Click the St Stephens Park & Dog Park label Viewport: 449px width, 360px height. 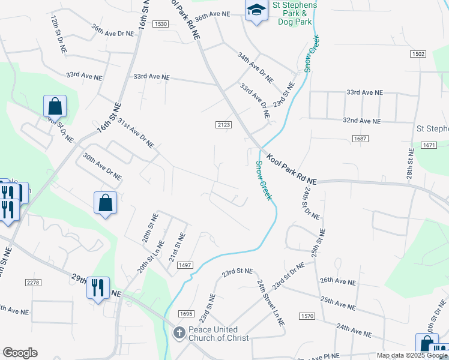pos(295,13)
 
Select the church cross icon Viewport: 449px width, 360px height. pos(178,333)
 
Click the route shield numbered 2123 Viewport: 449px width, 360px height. pos(223,124)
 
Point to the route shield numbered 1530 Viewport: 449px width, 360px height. pos(160,23)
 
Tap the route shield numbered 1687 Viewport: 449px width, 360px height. pos(360,139)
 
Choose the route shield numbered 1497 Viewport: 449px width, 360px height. pos(185,265)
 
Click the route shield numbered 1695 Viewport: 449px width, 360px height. pos(185,313)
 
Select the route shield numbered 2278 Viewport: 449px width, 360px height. pos(33,282)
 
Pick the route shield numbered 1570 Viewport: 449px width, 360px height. pos(308,316)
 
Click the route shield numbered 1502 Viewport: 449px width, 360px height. pos(418,54)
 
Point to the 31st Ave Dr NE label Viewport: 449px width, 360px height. pos(136,133)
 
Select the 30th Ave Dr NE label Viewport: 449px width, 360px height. pos(103,167)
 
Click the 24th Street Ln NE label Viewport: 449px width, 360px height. pos(270,302)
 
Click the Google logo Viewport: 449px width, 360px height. pos(20,353)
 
